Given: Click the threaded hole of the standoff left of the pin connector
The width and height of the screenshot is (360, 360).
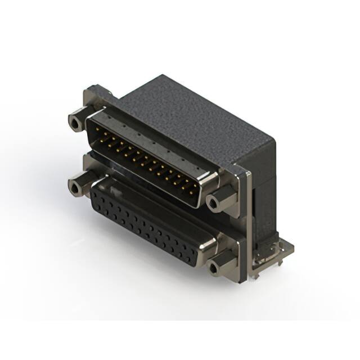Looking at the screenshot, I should (x=74, y=121).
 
